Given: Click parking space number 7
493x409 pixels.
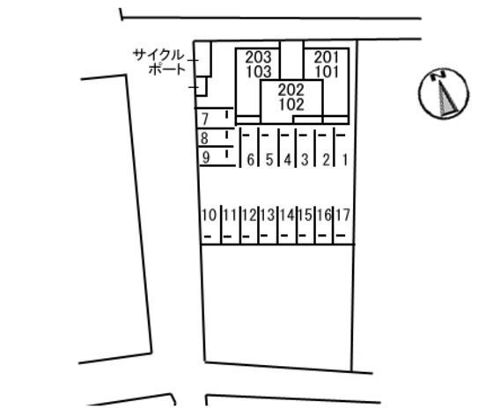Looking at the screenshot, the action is (205, 119).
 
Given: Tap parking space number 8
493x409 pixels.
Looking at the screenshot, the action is (204, 138).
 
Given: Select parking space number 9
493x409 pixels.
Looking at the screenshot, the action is (206, 157).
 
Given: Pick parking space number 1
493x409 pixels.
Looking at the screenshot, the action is (345, 160).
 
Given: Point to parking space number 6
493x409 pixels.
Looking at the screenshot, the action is (251, 160).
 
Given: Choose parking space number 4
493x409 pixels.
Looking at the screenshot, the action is (287, 160).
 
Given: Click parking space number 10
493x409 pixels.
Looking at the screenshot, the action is (210, 215).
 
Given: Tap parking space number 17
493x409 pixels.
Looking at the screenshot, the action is (342, 215).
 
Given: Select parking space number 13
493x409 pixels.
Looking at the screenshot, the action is (268, 215).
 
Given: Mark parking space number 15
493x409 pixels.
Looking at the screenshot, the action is (305, 215).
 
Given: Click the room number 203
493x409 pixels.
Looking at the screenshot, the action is (258, 57).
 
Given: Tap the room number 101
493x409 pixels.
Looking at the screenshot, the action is (327, 72).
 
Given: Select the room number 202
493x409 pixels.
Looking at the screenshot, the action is (291, 90).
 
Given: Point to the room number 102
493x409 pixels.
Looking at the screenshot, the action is (291, 105).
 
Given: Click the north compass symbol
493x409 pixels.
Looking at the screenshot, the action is (444, 93).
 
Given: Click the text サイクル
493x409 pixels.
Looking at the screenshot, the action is (158, 55).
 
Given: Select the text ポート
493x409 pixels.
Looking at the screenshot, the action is (166, 69).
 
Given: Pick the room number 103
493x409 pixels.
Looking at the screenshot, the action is (259, 72).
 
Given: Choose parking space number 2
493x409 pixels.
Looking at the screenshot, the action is (327, 160).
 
